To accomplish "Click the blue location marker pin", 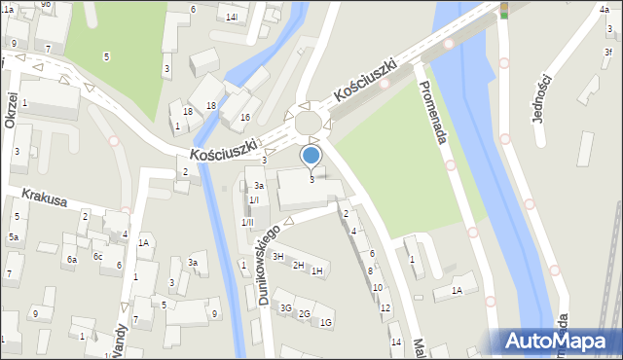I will point(311,156).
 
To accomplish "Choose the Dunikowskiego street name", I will point(270,266).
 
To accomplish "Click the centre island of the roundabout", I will point(310,124).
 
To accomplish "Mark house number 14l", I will point(231,18).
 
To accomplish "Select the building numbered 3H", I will point(277,256).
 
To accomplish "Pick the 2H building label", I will point(298,265).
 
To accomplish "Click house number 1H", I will point(316,270).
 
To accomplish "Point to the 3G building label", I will point(285,307).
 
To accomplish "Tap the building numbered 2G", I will point(305,313).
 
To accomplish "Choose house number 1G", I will point(326,322).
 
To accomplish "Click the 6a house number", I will point(71,259).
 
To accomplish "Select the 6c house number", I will point(97,256).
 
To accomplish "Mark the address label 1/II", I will point(249,222).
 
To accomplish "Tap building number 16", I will point(245,117).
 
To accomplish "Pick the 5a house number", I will point(14,236).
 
